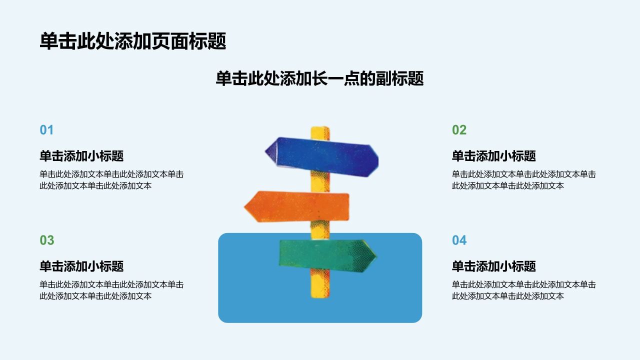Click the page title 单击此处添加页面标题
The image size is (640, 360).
click(133, 41)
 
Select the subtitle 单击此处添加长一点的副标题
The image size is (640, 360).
click(319, 78)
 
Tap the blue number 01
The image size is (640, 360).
click(46, 130)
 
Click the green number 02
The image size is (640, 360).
click(459, 130)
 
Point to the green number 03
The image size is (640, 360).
click(47, 240)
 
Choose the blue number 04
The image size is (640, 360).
click(459, 240)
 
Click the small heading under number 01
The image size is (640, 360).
click(81, 156)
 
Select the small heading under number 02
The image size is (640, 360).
click(494, 156)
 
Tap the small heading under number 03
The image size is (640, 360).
click(81, 266)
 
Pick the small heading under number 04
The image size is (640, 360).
click(494, 266)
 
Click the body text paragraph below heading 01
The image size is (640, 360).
click(111, 180)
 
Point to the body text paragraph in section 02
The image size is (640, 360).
click(524, 180)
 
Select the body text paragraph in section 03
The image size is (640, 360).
click(111, 290)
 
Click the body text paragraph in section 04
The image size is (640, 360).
click(524, 290)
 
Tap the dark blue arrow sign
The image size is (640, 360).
click(322, 156)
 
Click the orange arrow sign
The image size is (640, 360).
click(296, 206)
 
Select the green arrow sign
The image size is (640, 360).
click(327, 255)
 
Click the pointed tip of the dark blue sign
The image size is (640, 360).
click(265, 151)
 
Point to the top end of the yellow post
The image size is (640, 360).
click(320, 127)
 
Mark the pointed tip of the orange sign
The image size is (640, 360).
click(244, 207)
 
